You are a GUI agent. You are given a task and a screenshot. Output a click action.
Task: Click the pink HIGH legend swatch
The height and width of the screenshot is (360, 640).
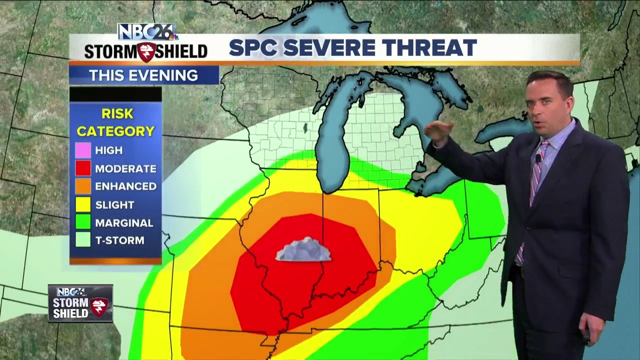click(83, 150)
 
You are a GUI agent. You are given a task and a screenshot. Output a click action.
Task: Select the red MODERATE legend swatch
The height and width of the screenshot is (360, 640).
click(83, 168)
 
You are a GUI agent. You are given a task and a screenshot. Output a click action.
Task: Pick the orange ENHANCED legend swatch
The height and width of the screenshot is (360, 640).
click(83, 186)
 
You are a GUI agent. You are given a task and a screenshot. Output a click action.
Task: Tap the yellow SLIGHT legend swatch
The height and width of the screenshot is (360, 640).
click(83, 204)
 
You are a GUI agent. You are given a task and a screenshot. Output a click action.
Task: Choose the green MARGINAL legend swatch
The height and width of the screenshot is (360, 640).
click(83, 222)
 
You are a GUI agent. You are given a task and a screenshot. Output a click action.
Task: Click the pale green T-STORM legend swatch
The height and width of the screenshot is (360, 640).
click(83, 240)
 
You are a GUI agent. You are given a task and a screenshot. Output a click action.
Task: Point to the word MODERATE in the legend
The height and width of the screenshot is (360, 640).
click(125, 168)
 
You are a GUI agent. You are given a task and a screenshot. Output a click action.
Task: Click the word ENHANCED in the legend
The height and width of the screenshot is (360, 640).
click(125, 186)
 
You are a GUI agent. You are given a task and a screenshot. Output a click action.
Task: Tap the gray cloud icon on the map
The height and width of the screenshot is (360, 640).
click(303, 249)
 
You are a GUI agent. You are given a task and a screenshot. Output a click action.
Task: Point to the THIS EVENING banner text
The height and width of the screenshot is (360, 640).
click(143, 75)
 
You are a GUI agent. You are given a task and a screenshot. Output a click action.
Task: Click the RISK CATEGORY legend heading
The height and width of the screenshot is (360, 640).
click(115, 122)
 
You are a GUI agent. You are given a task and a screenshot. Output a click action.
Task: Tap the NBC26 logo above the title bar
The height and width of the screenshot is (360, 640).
click(145, 32)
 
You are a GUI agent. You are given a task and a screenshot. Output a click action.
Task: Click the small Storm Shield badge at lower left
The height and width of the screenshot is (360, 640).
click(80, 303)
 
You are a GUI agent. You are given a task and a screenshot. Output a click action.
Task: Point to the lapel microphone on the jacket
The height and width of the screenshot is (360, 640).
click(538, 158)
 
